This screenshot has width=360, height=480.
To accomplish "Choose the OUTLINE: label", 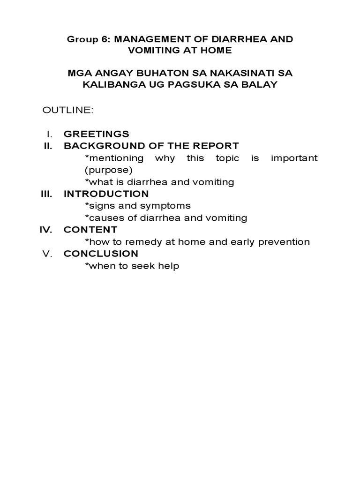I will (68, 110).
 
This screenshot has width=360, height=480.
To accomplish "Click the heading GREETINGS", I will (97, 134).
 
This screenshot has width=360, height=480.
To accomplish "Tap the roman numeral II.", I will (47, 146).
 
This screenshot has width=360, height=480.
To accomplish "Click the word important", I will (294, 158).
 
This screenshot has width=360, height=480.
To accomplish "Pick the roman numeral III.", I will (46, 194).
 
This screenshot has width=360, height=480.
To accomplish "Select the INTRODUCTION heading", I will (106, 194).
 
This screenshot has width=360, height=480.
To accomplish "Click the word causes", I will (102, 218).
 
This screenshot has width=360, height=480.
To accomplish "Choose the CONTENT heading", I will (90, 230).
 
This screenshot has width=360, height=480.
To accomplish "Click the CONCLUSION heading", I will (101, 254).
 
